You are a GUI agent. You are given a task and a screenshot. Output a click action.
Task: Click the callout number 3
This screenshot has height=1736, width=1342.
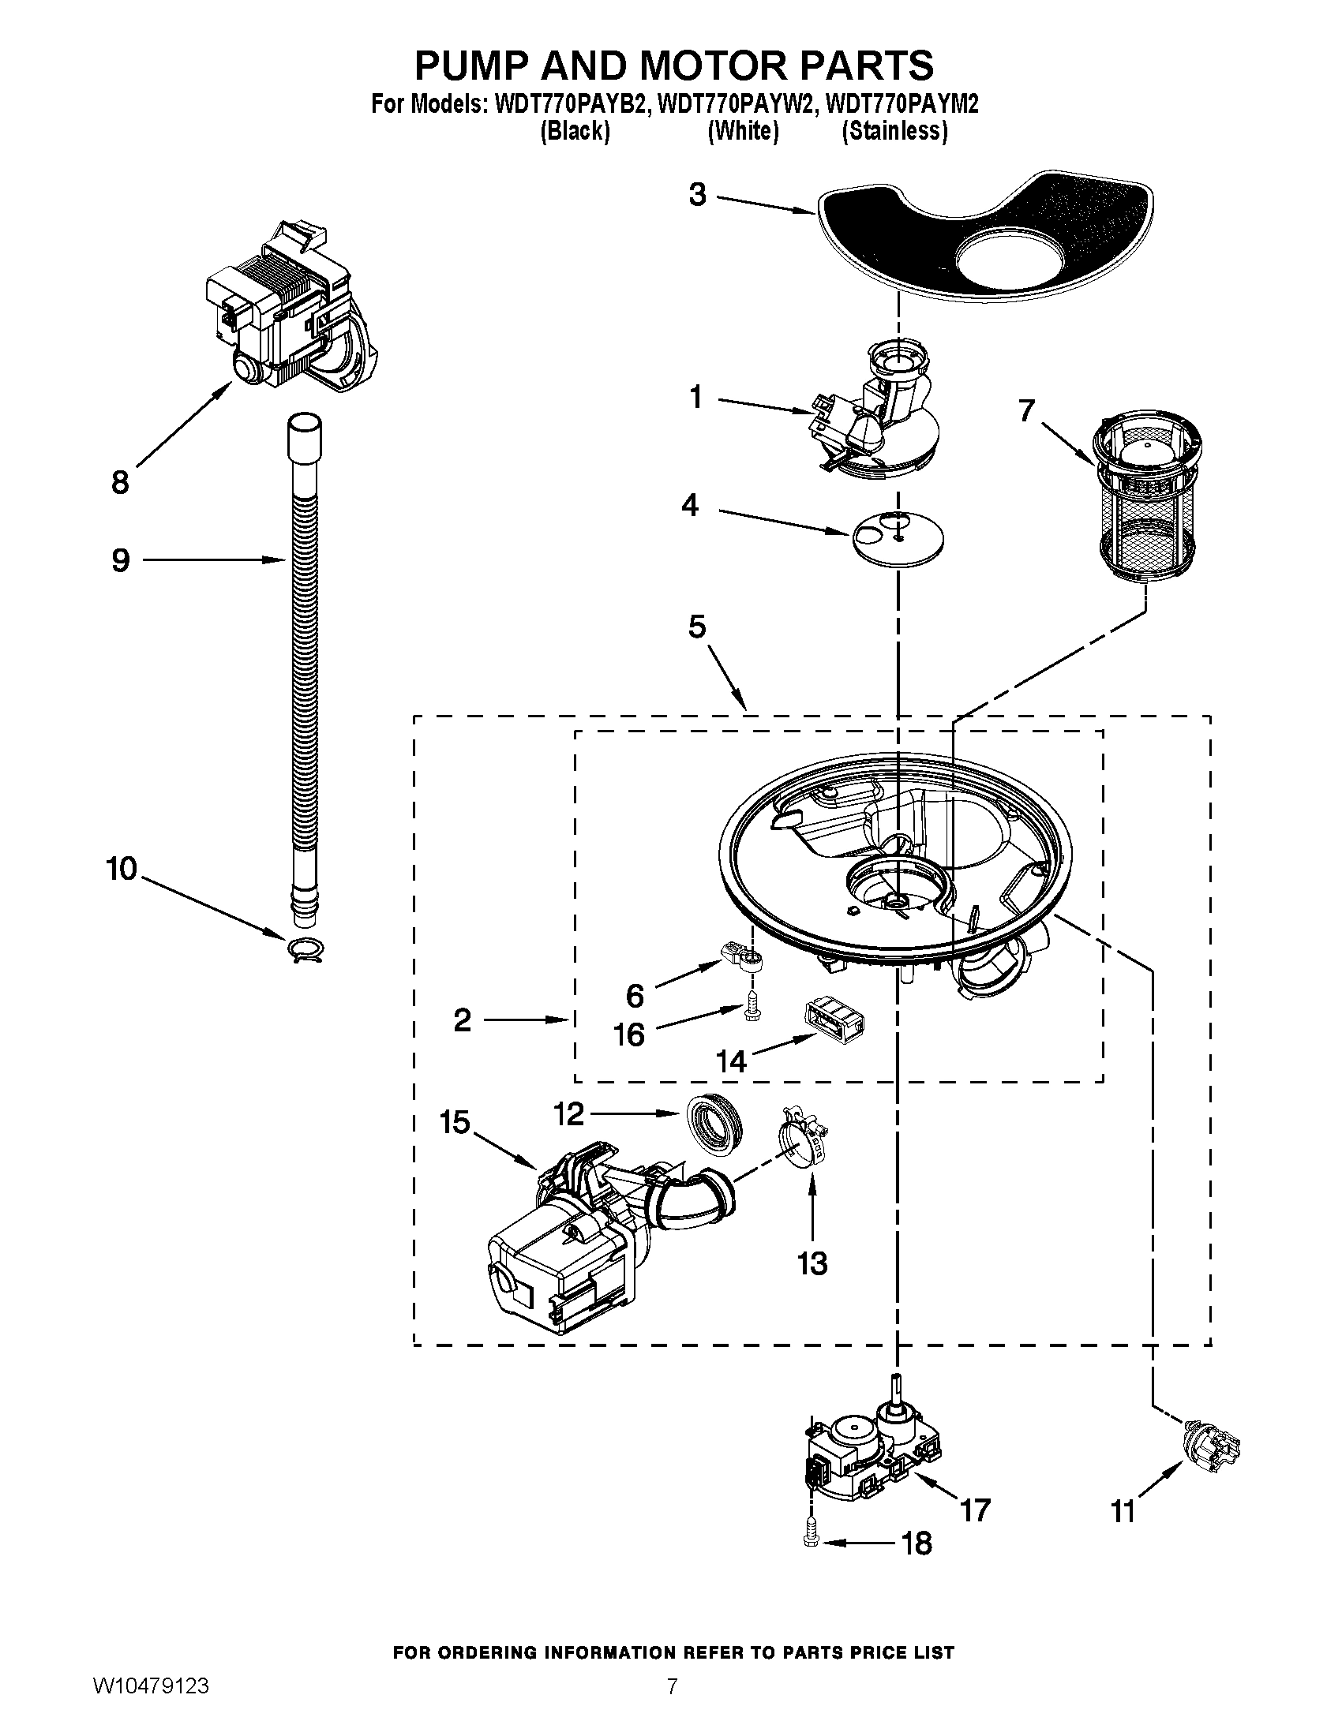click(x=697, y=195)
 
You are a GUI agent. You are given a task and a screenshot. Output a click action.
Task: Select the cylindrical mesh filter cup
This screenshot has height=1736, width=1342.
click(x=1145, y=502)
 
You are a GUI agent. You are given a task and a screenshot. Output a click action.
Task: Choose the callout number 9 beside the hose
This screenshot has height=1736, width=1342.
click(x=120, y=561)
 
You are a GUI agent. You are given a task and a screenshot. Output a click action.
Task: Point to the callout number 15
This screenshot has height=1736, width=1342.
click(x=455, y=1122)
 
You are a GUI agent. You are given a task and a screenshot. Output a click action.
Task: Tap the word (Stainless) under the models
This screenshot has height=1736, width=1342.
click(x=894, y=131)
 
